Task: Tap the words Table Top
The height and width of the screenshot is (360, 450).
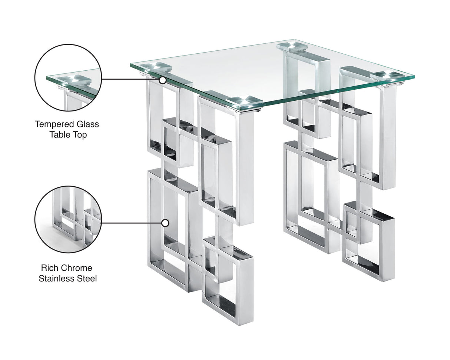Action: [68, 134]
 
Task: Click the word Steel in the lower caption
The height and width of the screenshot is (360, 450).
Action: [86, 278]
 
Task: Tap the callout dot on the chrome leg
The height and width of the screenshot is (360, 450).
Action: [165, 223]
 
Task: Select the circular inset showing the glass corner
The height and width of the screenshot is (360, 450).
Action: [68, 77]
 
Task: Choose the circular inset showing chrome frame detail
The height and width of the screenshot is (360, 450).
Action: [68, 219]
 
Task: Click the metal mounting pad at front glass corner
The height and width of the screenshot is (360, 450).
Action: [244, 101]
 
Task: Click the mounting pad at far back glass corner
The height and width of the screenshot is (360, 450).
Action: [292, 46]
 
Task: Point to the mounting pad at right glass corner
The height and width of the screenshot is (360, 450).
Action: [387, 76]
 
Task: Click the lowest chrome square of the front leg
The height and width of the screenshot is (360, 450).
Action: [228, 281]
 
